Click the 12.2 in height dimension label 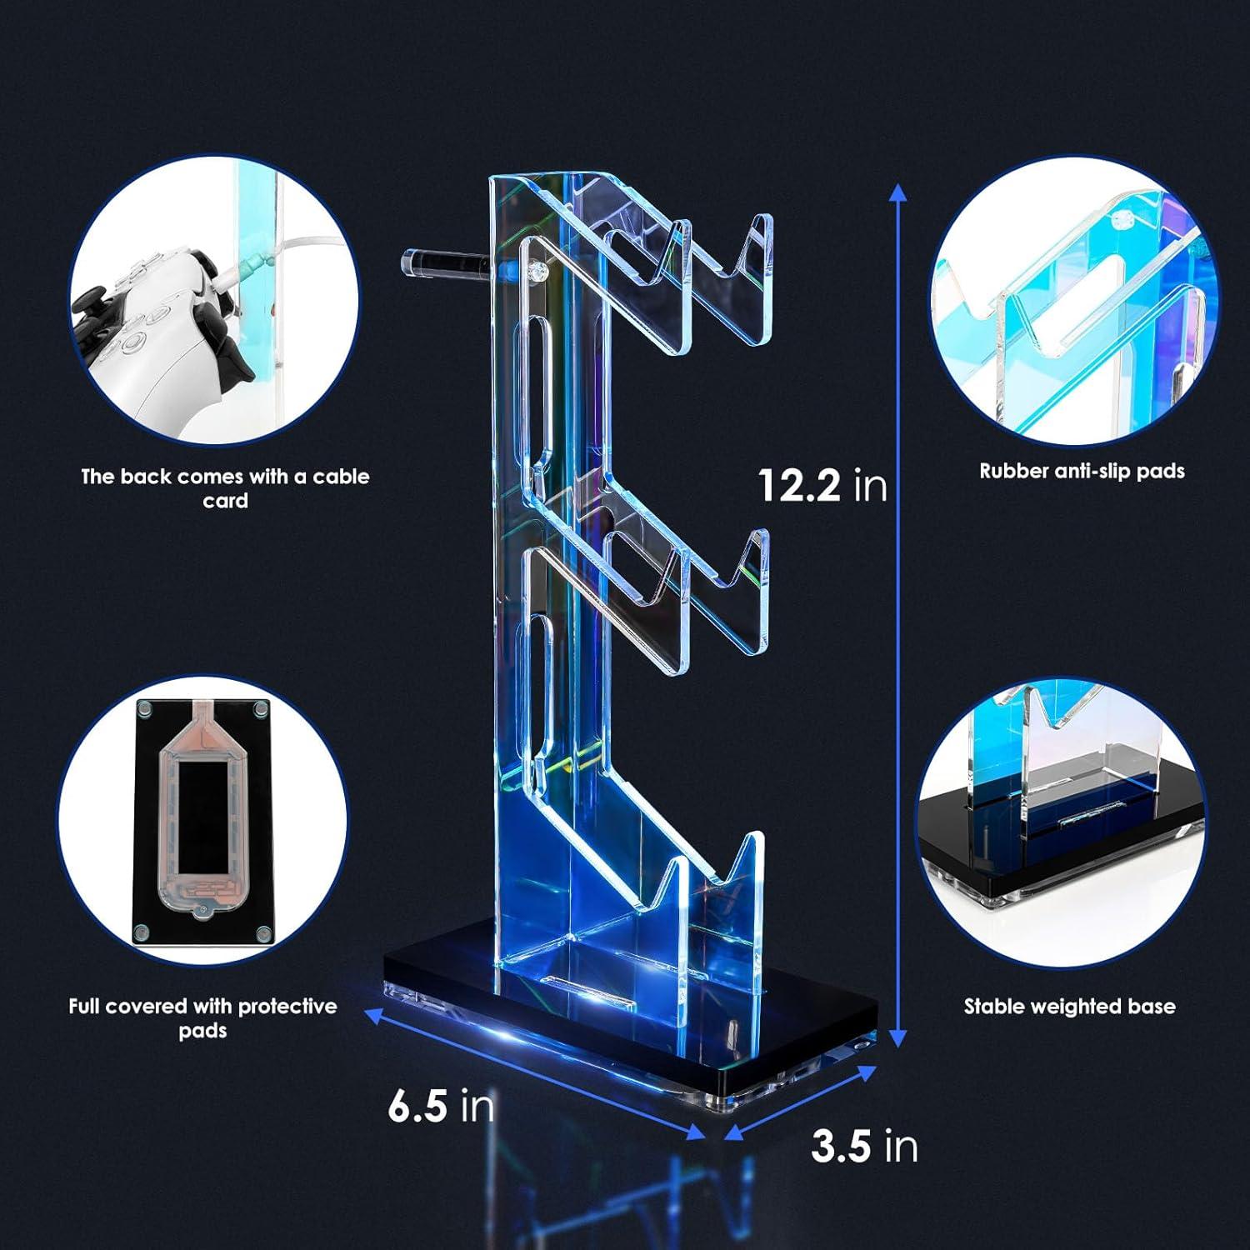click(822, 484)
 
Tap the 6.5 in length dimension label click(441, 1106)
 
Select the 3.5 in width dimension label click(864, 1147)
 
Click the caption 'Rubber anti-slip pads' click(1082, 471)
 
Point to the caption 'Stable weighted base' click(1069, 1007)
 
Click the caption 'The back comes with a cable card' click(225, 488)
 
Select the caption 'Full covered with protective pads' click(202, 1018)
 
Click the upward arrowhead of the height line click(897, 193)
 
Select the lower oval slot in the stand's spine click(532, 692)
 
